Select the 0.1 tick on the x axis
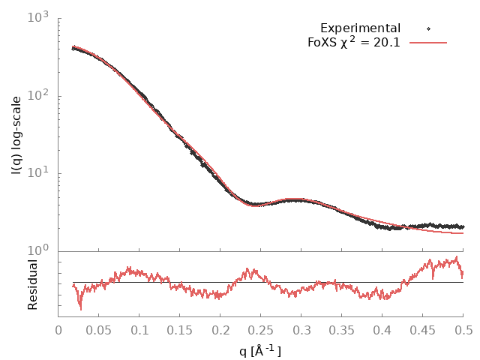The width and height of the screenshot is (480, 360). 139,331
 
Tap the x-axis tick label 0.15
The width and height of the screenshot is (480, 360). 180,331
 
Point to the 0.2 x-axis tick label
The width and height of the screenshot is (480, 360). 220,331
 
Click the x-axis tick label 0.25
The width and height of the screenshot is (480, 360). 261,331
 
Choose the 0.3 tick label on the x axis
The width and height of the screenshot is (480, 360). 301,331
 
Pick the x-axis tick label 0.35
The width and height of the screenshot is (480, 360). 342,331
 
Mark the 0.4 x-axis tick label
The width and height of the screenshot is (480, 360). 382,331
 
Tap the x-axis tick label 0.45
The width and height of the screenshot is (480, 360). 423,331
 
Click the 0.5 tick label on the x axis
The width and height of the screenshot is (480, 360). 463,331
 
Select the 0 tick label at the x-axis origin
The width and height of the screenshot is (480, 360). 58,331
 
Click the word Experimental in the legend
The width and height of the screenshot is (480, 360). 361,28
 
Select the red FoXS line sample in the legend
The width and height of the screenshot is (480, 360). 428,43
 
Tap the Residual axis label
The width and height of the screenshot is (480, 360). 32,284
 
